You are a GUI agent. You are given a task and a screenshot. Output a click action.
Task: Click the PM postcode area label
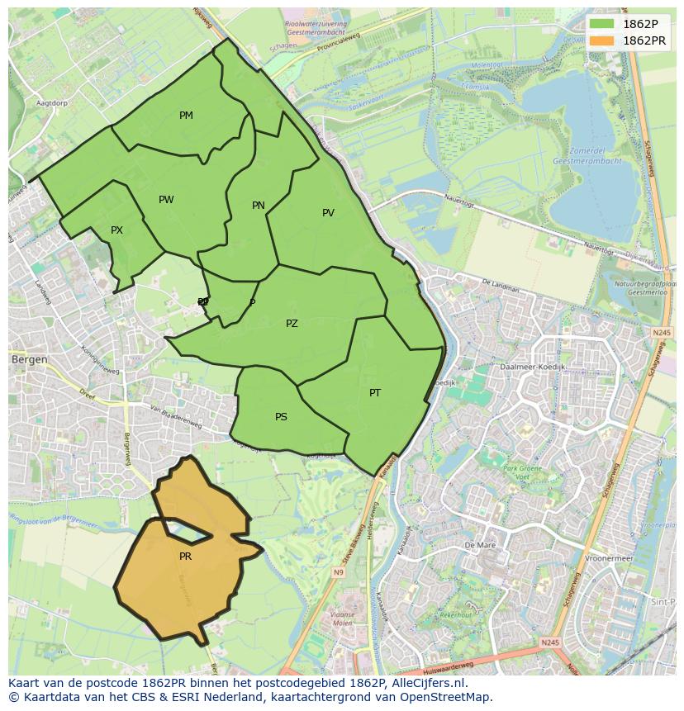[x=186, y=116]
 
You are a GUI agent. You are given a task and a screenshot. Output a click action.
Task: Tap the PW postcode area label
[x=166, y=200]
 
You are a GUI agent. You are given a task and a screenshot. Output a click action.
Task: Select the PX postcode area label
[x=116, y=230]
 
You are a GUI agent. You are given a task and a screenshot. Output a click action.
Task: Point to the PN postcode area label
[x=259, y=206]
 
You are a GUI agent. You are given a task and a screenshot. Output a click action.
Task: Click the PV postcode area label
[x=328, y=213]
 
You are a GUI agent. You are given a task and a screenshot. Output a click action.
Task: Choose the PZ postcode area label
[x=292, y=324]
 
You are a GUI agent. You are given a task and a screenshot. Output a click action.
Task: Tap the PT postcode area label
[x=375, y=393]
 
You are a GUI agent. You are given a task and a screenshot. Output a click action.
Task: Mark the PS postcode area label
[x=281, y=417]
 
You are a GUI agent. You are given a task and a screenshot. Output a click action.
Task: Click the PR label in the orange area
[x=185, y=557]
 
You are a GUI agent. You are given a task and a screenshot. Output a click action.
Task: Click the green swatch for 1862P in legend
[x=602, y=23]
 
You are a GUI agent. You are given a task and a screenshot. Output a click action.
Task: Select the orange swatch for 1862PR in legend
[x=602, y=40]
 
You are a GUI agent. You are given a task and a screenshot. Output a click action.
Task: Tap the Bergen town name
[x=29, y=360]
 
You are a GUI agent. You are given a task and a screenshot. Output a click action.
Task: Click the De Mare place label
[x=479, y=546]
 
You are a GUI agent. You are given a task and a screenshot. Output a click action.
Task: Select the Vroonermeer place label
[x=608, y=558]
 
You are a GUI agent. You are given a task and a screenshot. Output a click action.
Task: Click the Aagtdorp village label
[x=51, y=103]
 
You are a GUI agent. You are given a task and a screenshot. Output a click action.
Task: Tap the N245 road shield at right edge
[x=661, y=332]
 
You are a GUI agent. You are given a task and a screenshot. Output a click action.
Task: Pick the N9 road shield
[x=339, y=571]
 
